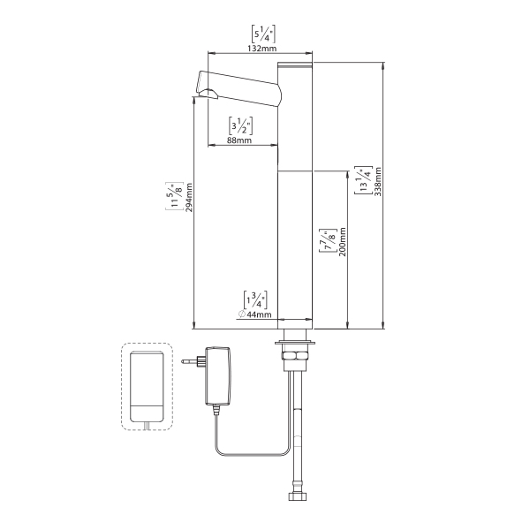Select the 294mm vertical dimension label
pos(188,208)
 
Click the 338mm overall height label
pos(378,181)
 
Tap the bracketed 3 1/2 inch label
pos(241,125)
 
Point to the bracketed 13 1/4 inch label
pos(363,181)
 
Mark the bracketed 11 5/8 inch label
pos(174,196)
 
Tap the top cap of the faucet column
pos(296,67)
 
